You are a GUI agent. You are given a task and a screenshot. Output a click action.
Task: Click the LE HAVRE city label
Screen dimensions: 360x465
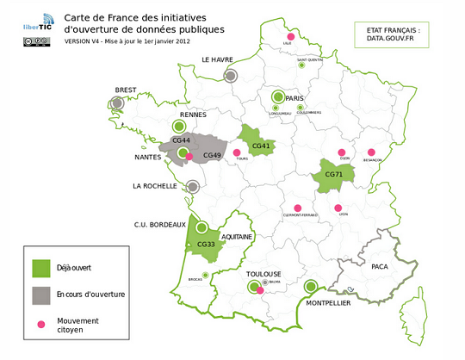220,59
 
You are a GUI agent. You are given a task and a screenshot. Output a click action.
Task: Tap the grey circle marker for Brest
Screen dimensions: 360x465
117,103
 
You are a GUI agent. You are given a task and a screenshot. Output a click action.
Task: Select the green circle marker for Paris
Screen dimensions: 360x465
277,97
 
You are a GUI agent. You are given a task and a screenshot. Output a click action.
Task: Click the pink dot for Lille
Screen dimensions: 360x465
291,37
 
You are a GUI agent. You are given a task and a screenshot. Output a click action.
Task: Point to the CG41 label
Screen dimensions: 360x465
262,146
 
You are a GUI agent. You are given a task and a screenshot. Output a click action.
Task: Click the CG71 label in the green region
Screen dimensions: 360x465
332,174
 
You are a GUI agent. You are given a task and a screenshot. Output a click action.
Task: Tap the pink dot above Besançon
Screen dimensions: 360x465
372,152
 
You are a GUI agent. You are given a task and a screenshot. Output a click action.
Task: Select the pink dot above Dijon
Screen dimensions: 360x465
342,152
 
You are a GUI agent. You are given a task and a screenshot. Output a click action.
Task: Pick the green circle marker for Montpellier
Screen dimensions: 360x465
311,288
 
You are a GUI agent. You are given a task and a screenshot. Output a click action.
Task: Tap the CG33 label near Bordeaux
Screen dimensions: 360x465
205,244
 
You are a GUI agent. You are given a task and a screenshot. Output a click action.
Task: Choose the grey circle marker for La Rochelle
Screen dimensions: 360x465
194,185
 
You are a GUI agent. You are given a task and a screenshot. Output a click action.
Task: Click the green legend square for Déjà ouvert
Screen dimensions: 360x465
39,267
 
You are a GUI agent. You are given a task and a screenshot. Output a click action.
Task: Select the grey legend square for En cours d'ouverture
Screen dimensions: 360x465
39,295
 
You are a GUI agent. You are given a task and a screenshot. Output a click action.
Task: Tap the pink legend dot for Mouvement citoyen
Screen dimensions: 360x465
39,324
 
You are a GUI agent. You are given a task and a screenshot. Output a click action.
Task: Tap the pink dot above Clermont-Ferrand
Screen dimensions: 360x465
298,208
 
